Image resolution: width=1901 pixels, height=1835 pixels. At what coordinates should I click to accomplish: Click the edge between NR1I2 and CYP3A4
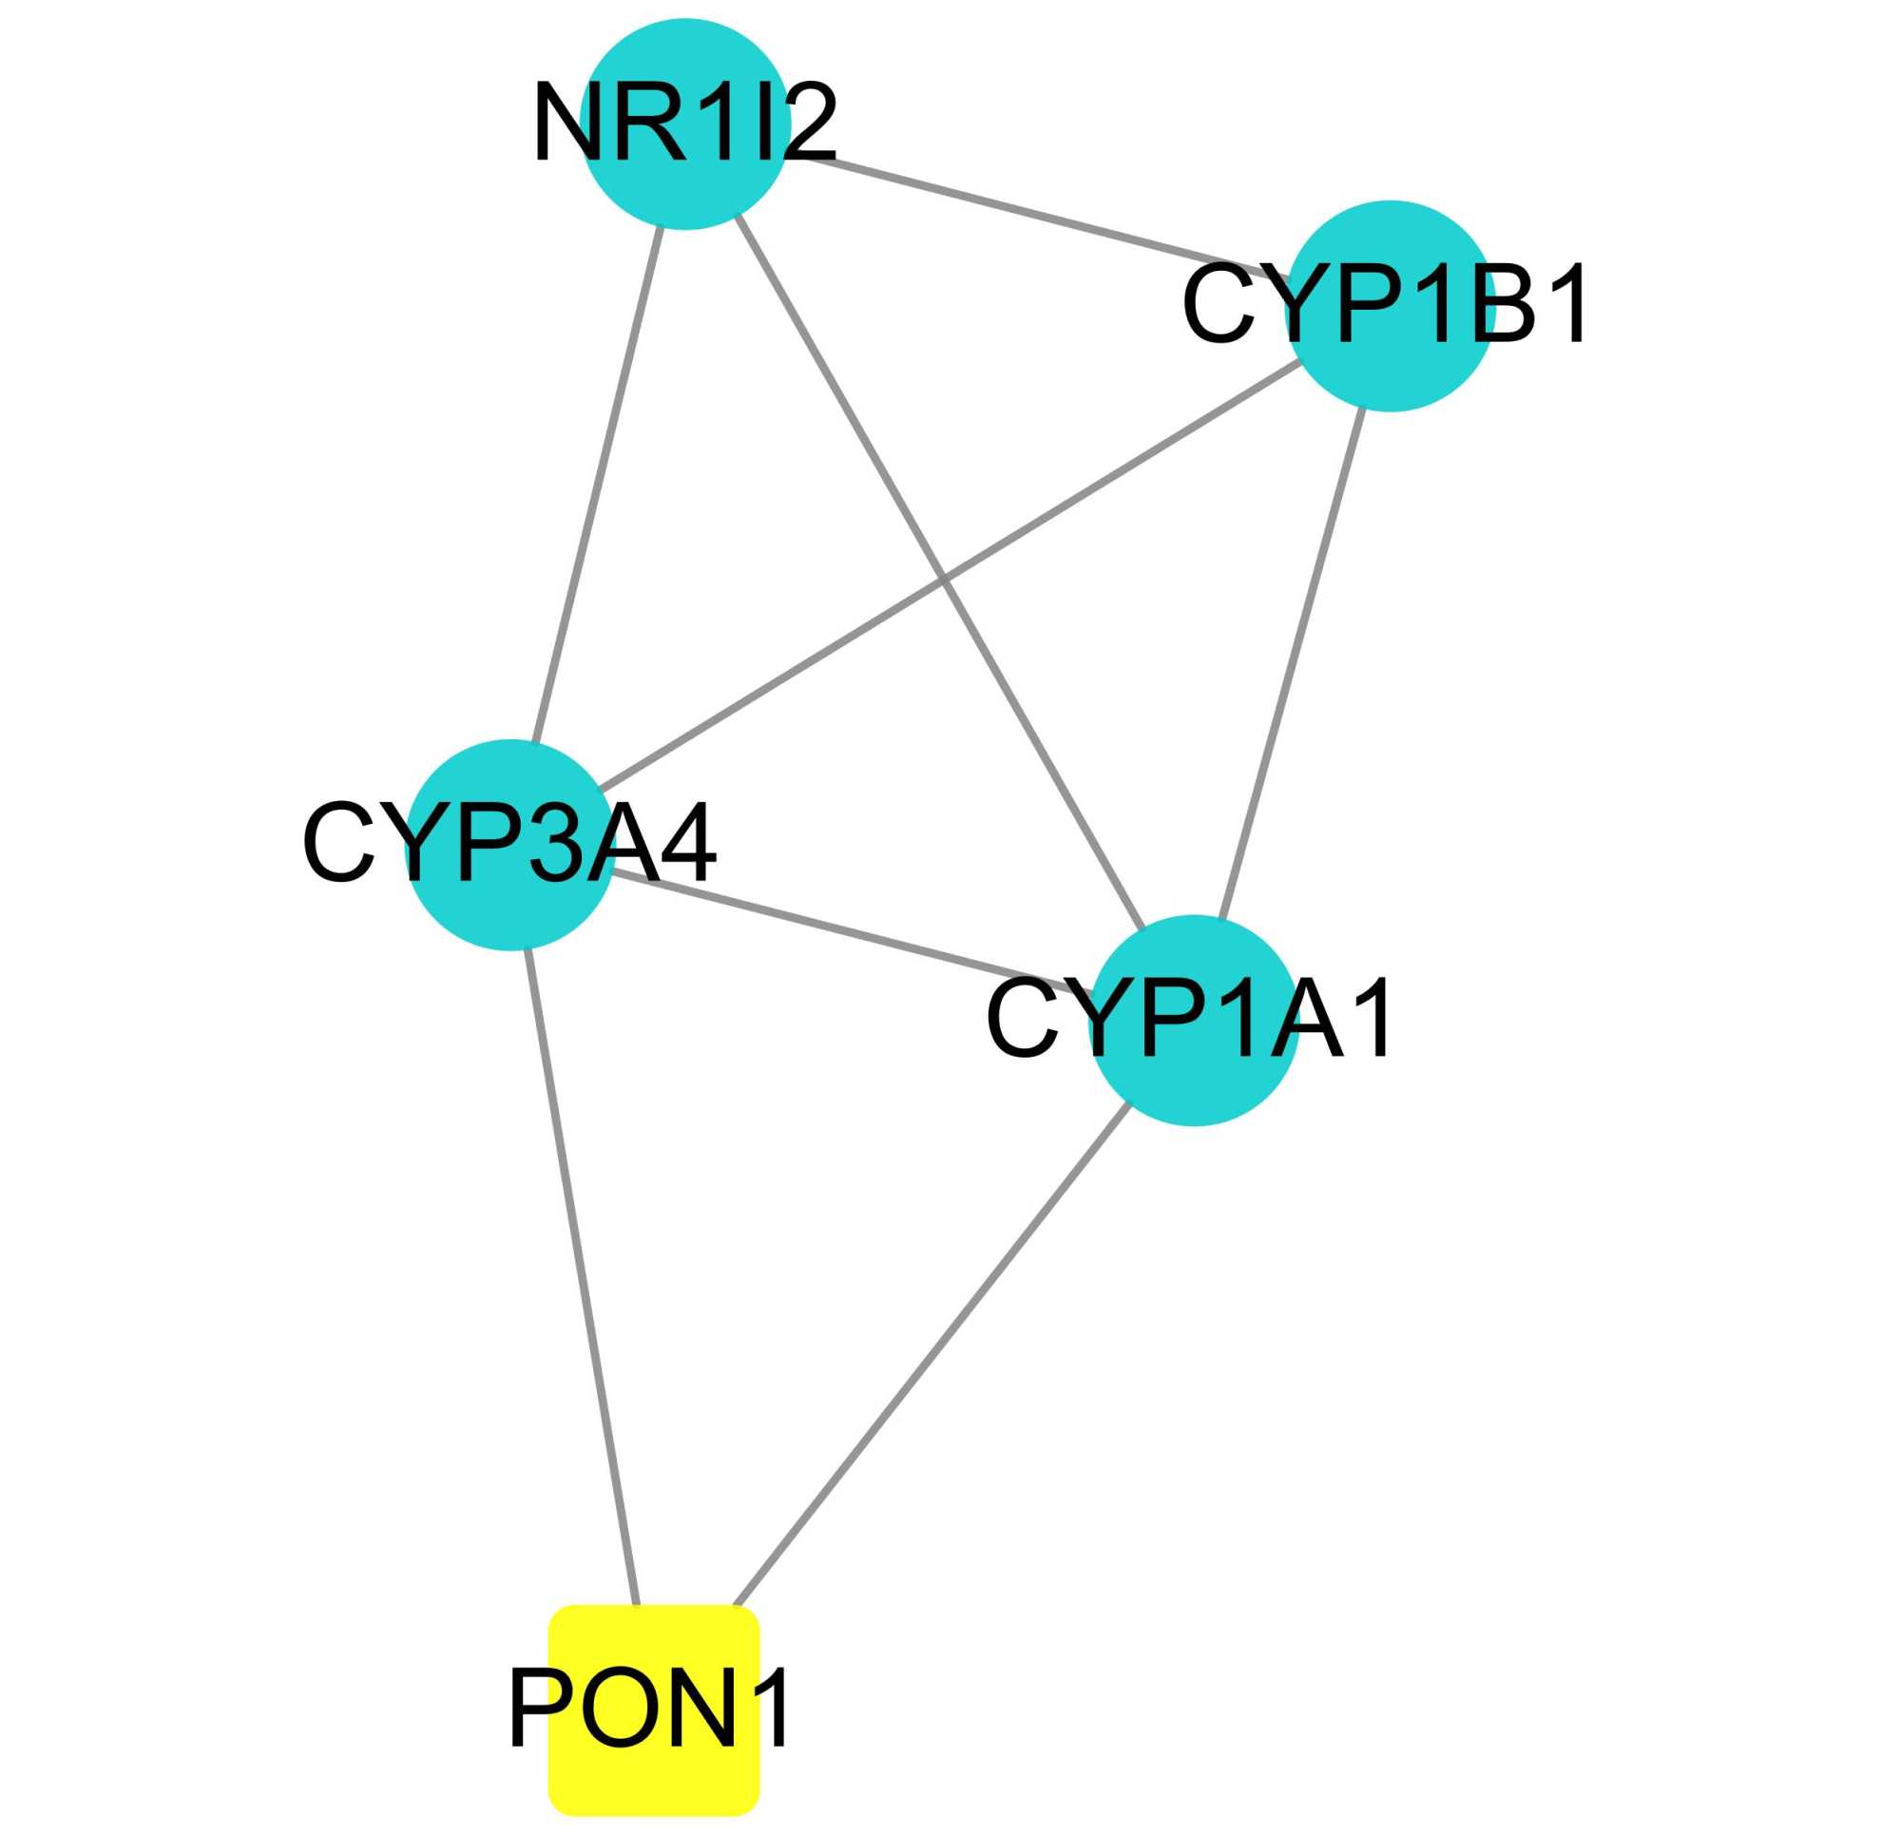pyautogui.click(x=597, y=485)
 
